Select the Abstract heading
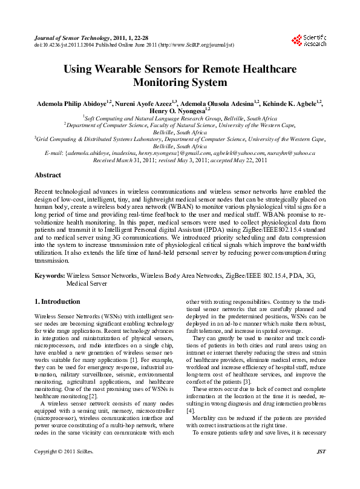pos(48,175)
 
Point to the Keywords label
pos(49,275)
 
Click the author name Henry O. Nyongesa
pos(180,110)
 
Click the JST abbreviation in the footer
pos(321,469)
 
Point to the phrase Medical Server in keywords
pos(87,283)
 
